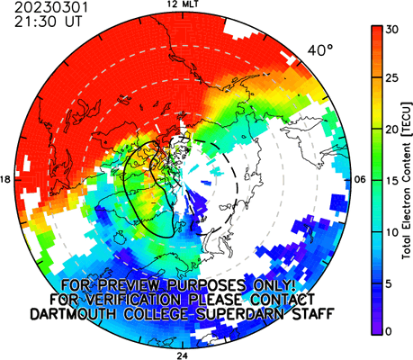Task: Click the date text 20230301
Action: click(x=51, y=7)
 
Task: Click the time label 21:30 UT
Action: click(x=48, y=22)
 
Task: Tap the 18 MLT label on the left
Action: click(x=5, y=180)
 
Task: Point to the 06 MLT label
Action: click(x=360, y=180)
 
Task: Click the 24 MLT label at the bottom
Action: click(x=182, y=356)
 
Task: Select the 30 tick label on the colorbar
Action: click(x=392, y=30)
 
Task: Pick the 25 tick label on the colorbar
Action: click(x=392, y=78)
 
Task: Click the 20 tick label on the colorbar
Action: click(x=392, y=130)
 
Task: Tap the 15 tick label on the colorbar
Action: click(x=392, y=181)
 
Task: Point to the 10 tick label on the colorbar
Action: click(x=392, y=232)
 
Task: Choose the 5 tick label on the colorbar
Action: click(x=390, y=283)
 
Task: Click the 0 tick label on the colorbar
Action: click(x=390, y=331)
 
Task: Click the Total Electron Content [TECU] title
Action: click(x=407, y=180)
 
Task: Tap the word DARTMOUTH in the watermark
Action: click(x=73, y=314)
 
